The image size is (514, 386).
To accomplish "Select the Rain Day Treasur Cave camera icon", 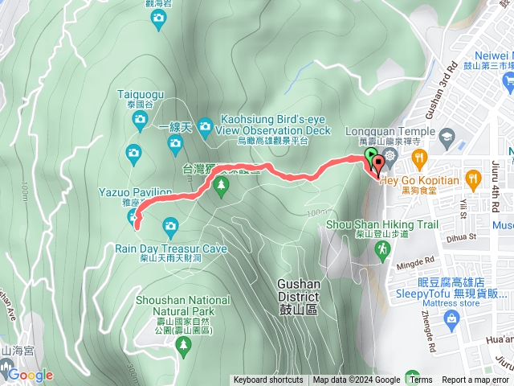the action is tap(169, 225).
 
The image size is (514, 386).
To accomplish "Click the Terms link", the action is tap(420, 380).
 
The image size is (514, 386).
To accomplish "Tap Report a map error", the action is tap(475, 380).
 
